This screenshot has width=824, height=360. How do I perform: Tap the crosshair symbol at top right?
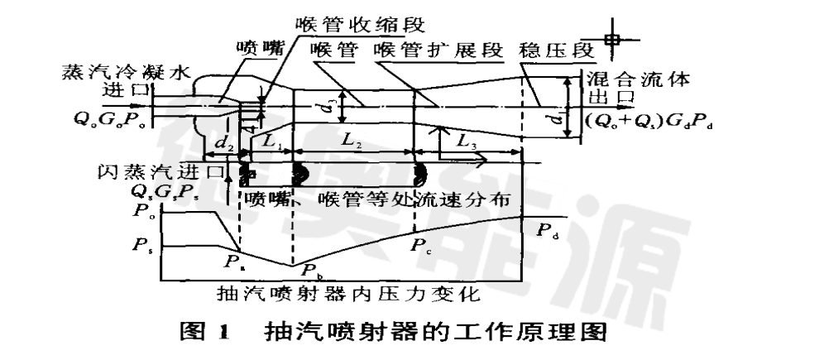point(612,38)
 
